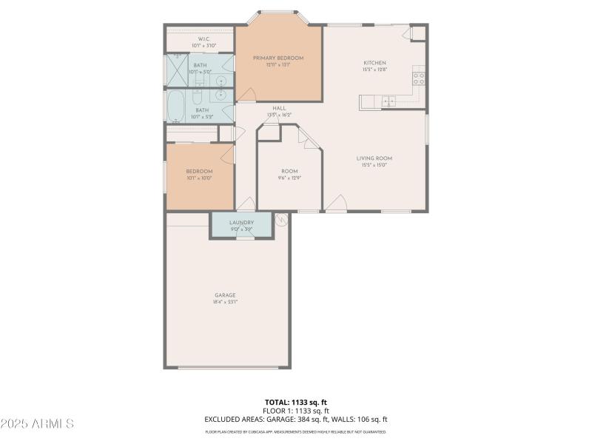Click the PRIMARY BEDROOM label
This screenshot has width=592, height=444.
point(278,58)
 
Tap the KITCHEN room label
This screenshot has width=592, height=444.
point(374,63)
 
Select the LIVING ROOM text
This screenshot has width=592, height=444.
point(374,158)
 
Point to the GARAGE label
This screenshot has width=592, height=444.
point(225,295)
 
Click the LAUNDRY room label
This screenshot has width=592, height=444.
point(241,222)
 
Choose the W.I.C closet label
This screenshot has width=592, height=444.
point(203,38)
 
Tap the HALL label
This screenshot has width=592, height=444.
point(279,108)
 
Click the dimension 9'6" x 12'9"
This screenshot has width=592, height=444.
point(289,178)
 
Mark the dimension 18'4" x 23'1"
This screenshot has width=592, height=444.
point(225,302)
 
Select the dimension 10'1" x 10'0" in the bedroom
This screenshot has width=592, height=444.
point(198,178)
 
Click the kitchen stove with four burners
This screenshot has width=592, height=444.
point(418,76)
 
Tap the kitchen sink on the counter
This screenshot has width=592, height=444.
point(388,101)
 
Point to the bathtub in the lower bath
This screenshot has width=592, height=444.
point(176,107)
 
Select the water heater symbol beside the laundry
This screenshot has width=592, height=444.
point(280,219)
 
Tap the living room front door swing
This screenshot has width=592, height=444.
point(337,203)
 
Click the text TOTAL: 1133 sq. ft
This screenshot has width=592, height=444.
point(295,403)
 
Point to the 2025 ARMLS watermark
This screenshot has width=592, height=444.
point(37,424)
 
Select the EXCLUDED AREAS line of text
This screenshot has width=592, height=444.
point(295,419)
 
